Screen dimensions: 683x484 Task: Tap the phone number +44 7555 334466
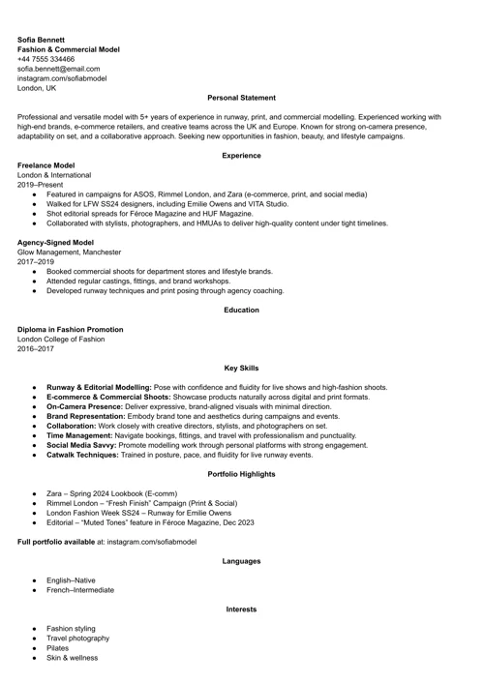click(45, 59)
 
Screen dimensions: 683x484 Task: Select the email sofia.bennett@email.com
click(58, 69)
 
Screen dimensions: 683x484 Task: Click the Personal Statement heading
click(241, 98)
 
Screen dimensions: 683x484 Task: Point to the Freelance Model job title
click(45, 165)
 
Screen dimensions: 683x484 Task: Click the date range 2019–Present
click(39, 185)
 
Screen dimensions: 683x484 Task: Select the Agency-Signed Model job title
click(55, 242)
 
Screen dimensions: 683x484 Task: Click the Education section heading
click(241, 310)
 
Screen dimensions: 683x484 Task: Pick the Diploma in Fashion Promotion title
click(70, 329)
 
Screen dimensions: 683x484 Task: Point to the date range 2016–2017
click(37, 348)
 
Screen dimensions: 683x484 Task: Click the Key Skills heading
click(241, 368)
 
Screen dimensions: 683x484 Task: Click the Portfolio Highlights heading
click(241, 474)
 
